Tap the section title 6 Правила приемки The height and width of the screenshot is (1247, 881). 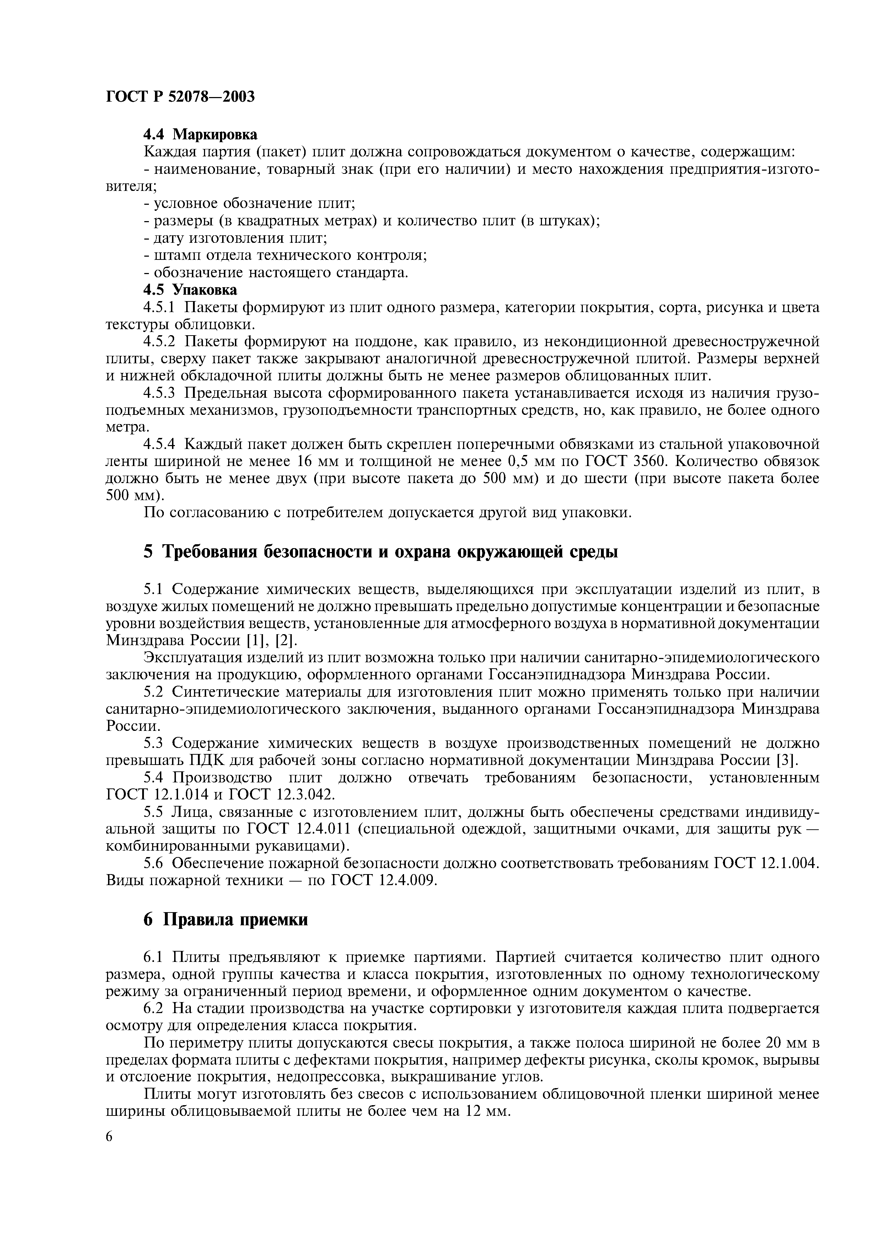(x=226, y=920)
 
